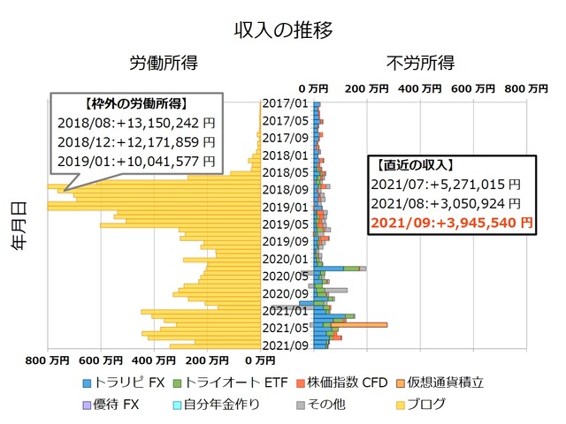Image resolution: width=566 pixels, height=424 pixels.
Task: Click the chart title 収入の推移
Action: coord(283,29)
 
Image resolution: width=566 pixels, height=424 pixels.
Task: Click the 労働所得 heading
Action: coord(164,64)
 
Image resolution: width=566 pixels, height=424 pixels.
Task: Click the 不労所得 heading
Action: coord(421,64)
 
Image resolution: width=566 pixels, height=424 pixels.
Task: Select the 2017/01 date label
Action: coord(285,104)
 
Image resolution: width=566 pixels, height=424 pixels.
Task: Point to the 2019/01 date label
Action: coord(285,207)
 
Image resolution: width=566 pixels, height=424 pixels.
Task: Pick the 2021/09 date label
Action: coord(285,344)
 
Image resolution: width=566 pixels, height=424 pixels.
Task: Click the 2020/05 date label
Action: coord(285,276)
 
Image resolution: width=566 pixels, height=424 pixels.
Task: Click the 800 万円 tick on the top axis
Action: coord(525,88)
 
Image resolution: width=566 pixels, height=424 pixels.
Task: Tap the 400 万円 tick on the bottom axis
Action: coord(154,360)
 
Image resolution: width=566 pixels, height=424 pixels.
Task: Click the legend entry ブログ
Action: coord(422,405)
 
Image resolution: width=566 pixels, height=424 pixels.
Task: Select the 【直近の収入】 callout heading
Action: coord(413,164)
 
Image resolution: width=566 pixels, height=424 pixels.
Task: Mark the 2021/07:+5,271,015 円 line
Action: coord(445,184)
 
